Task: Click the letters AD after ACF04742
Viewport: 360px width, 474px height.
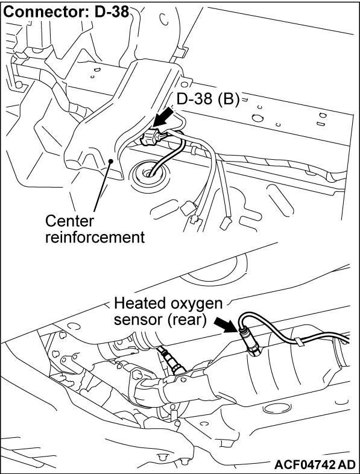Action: tap(347, 464)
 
